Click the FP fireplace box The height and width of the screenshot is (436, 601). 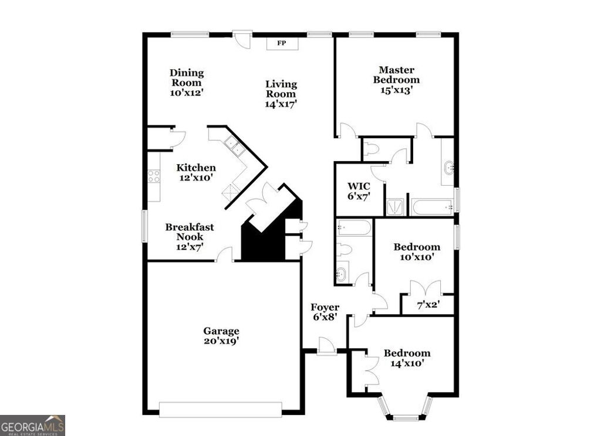(x=282, y=43)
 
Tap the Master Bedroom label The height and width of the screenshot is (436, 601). (x=397, y=80)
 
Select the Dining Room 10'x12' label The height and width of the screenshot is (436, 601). (x=187, y=83)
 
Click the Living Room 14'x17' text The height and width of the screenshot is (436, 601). (x=281, y=94)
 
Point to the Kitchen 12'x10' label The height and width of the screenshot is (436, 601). (x=196, y=172)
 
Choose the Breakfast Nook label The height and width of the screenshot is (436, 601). (x=189, y=237)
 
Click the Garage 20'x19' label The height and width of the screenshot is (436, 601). (x=221, y=335)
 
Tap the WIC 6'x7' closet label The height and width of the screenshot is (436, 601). (x=358, y=191)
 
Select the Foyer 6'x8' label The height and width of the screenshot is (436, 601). (x=324, y=312)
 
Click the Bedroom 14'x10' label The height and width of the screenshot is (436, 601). (x=407, y=357)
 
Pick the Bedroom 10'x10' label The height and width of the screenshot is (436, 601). (x=416, y=251)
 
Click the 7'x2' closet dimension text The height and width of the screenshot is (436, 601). (x=427, y=305)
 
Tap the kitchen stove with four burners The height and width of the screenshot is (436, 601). (x=154, y=176)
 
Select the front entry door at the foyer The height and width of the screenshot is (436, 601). (x=326, y=347)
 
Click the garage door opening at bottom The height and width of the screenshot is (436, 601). (x=220, y=408)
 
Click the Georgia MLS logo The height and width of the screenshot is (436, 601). (x=32, y=425)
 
